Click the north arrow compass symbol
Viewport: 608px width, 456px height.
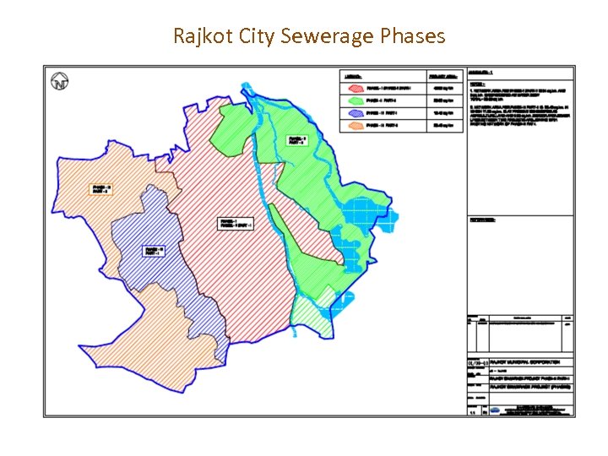(60, 82)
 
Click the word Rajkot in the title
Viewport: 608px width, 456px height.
(200, 35)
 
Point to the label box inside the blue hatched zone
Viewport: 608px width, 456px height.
(153, 251)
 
